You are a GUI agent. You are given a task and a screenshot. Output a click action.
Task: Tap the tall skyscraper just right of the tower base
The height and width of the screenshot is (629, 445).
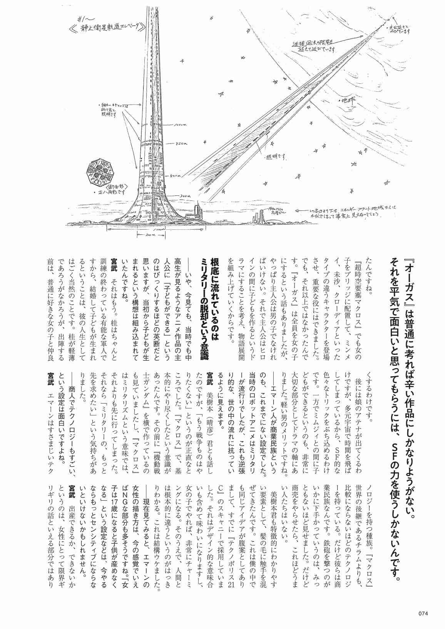coord(198,213)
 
